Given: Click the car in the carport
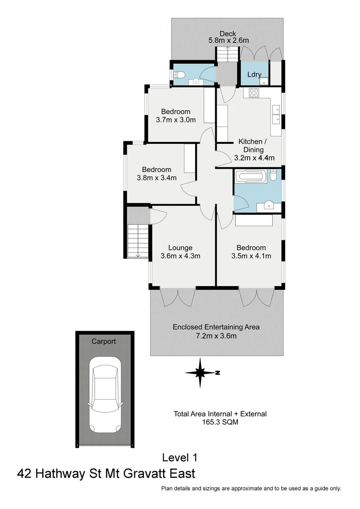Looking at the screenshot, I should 106,394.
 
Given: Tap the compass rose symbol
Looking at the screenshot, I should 201,372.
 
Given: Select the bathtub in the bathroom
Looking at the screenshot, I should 252,177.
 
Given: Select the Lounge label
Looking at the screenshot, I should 180,247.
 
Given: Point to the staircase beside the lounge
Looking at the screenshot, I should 138,240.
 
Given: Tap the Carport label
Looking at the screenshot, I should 104,341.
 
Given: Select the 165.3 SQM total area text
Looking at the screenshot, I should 220,422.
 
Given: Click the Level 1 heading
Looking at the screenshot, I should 180,457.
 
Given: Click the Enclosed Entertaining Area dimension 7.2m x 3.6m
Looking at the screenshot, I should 216,336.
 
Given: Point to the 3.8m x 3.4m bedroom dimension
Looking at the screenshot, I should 156,178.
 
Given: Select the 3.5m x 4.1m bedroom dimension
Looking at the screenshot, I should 251,256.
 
